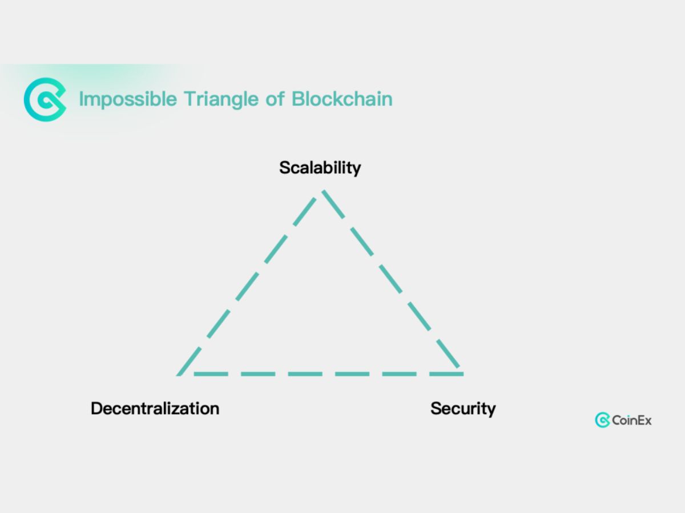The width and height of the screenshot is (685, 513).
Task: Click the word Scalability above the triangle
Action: point(320,168)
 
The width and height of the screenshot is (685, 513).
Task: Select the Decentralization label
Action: point(155,409)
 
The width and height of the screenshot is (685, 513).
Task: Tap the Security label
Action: point(463,409)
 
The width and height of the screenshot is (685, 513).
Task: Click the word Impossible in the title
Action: point(128,99)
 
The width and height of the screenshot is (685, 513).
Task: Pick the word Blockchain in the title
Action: point(342,99)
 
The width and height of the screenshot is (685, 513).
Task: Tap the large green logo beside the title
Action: point(45,99)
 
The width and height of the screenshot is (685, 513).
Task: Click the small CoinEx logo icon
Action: point(602,421)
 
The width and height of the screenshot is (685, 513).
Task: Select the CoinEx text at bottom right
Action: point(631,421)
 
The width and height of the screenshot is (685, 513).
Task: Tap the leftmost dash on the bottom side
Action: point(211,374)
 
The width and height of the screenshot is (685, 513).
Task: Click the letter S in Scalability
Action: point(284,168)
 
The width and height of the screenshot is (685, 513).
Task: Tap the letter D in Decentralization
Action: point(96,409)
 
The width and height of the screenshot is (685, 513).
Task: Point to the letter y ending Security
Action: point(491,410)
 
